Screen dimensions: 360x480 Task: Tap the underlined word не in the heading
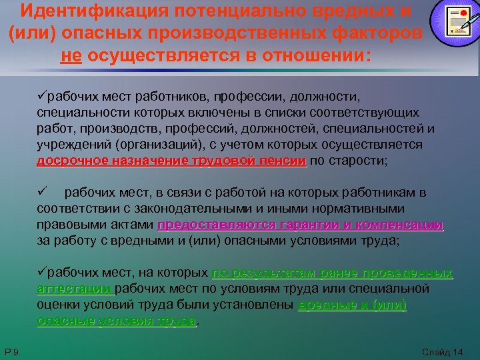click(x=71, y=56)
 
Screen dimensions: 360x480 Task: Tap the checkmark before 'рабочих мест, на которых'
click(x=41, y=273)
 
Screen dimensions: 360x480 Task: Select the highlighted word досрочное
click(x=67, y=161)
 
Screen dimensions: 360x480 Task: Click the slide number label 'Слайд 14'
click(x=443, y=351)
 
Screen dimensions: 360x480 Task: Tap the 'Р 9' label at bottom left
click(x=11, y=351)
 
